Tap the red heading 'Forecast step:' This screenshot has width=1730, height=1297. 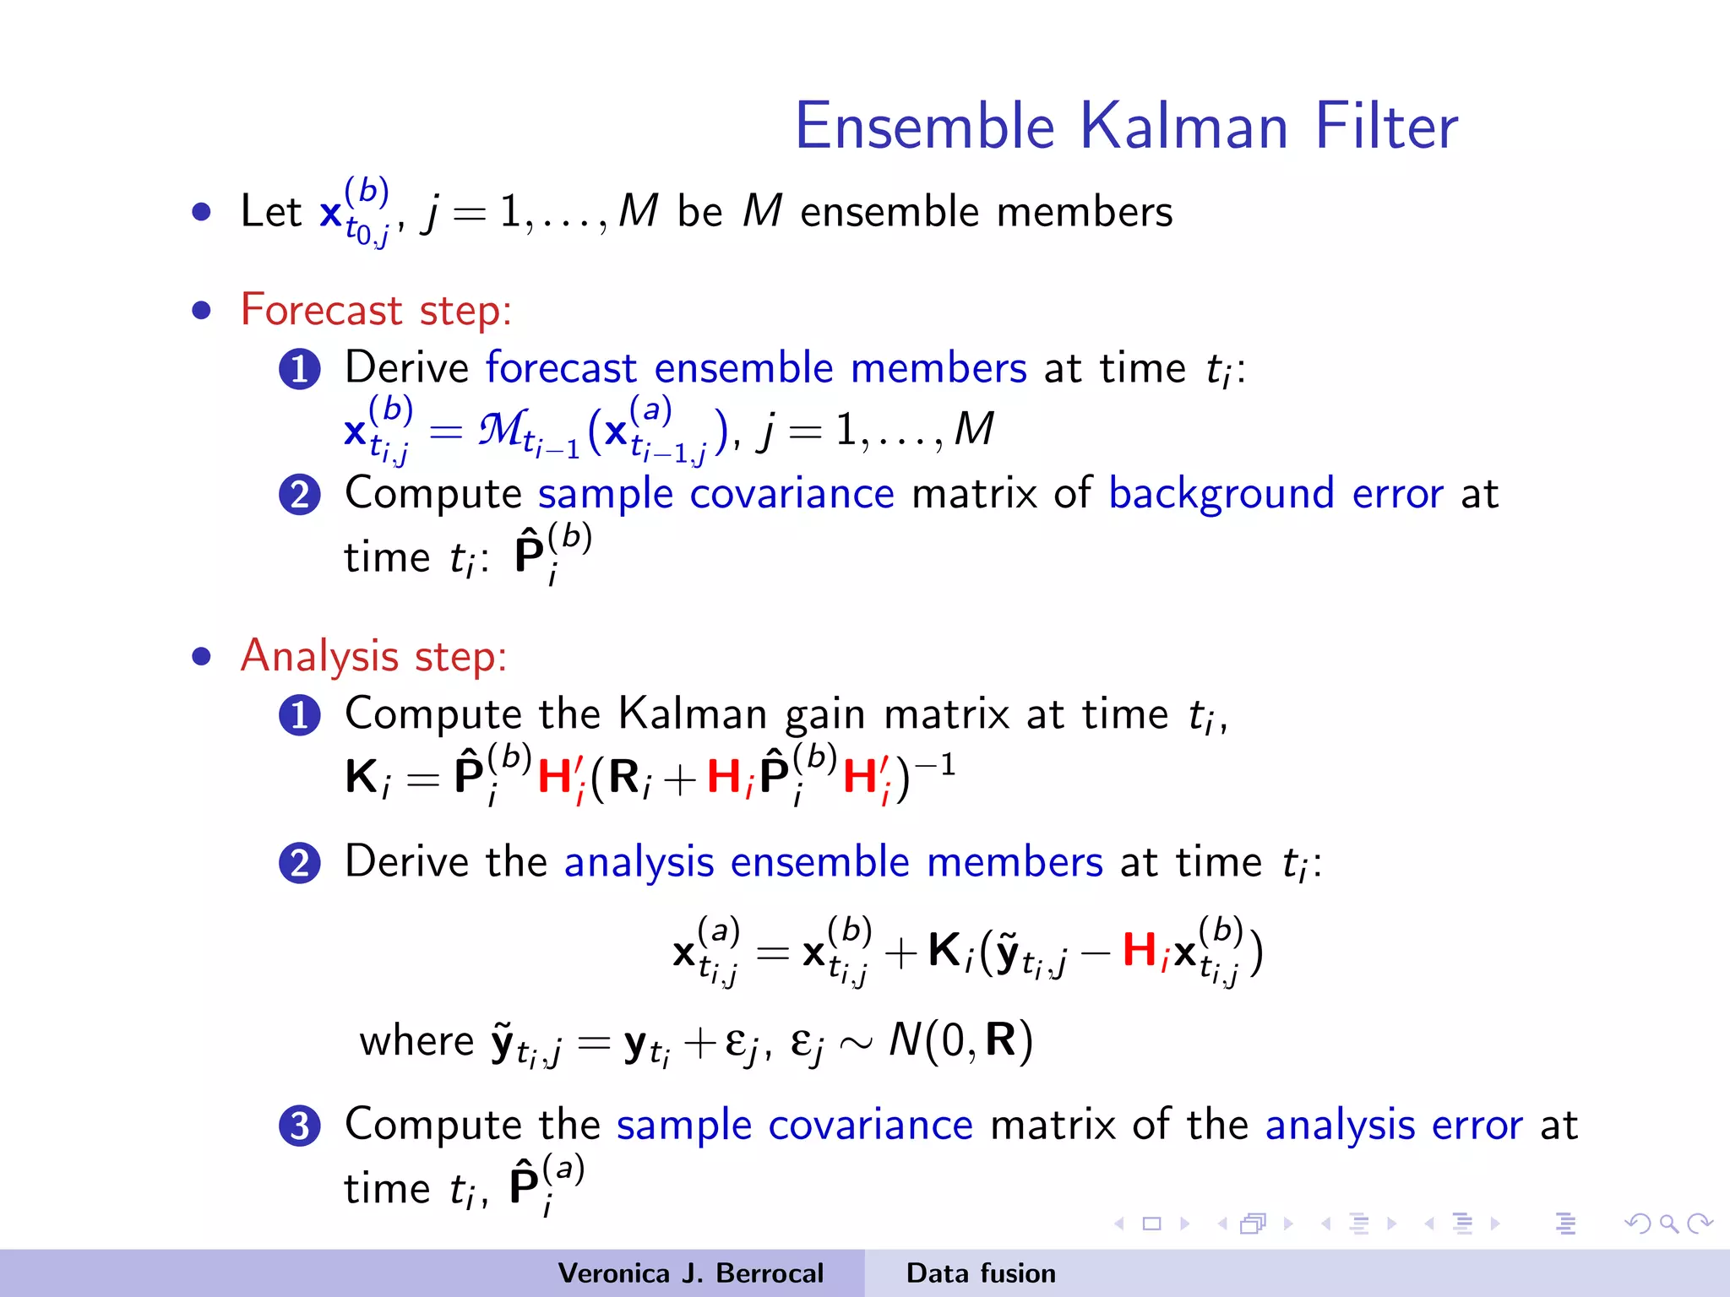(376, 310)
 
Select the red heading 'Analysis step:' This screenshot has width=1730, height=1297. (373, 656)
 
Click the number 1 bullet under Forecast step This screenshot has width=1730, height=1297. (300, 369)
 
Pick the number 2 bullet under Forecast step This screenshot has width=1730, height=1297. (300, 495)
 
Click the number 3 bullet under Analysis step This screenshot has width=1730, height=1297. (300, 1126)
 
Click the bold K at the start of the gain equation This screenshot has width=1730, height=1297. (362, 775)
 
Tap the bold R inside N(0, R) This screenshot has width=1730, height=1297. (1001, 1039)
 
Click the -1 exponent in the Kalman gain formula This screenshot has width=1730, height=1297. (935, 764)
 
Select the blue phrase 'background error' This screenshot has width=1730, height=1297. (1276, 494)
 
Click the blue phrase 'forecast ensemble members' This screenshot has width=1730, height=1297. (756, 369)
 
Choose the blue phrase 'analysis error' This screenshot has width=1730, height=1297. (1394, 1126)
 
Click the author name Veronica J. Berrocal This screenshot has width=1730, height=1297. (690, 1273)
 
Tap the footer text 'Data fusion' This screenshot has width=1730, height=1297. (981, 1273)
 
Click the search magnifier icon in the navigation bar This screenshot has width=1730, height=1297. (1668, 1224)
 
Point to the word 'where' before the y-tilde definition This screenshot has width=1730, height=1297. (416, 1041)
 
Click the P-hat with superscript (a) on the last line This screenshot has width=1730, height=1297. (525, 1185)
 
